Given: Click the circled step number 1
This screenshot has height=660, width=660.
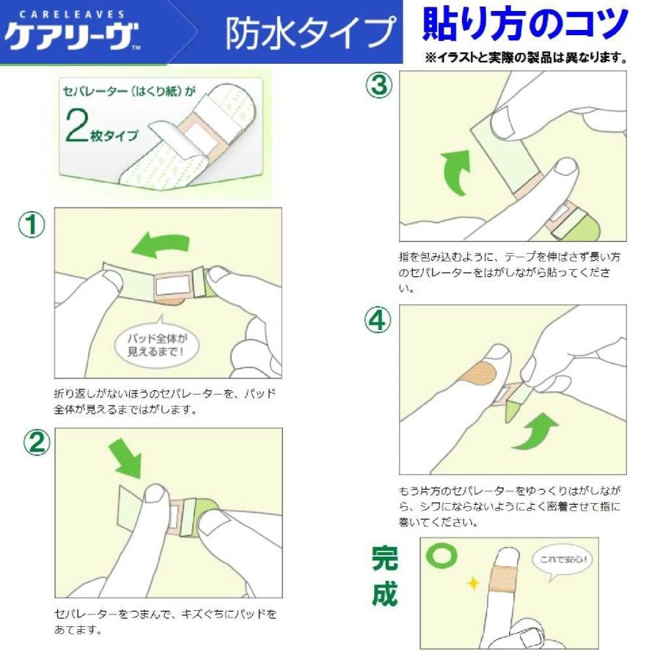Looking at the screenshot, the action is click(x=32, y=225).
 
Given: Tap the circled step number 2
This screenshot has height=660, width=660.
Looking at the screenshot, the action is click(x=37, y=443).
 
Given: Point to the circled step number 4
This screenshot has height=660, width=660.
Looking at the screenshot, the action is click(x=378, y=320).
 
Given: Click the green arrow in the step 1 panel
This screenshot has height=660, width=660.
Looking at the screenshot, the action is click(x=161, y=244).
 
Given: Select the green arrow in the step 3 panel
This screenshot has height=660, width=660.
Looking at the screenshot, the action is click(x=456, y=172).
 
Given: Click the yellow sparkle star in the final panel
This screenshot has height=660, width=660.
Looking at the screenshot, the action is click(x=474, y=584).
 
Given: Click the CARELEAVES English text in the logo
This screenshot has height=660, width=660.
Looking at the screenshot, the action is click(x=72, y=15).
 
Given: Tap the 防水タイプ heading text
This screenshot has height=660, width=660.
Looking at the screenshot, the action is click(x=312, y=32).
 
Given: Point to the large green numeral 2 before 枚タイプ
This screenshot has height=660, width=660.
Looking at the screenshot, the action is click(x=76, y=125).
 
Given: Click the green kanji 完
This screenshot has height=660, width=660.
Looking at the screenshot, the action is click(x=385, y=558).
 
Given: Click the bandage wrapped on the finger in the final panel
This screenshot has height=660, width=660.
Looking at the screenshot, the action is click(x=504, y=579).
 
